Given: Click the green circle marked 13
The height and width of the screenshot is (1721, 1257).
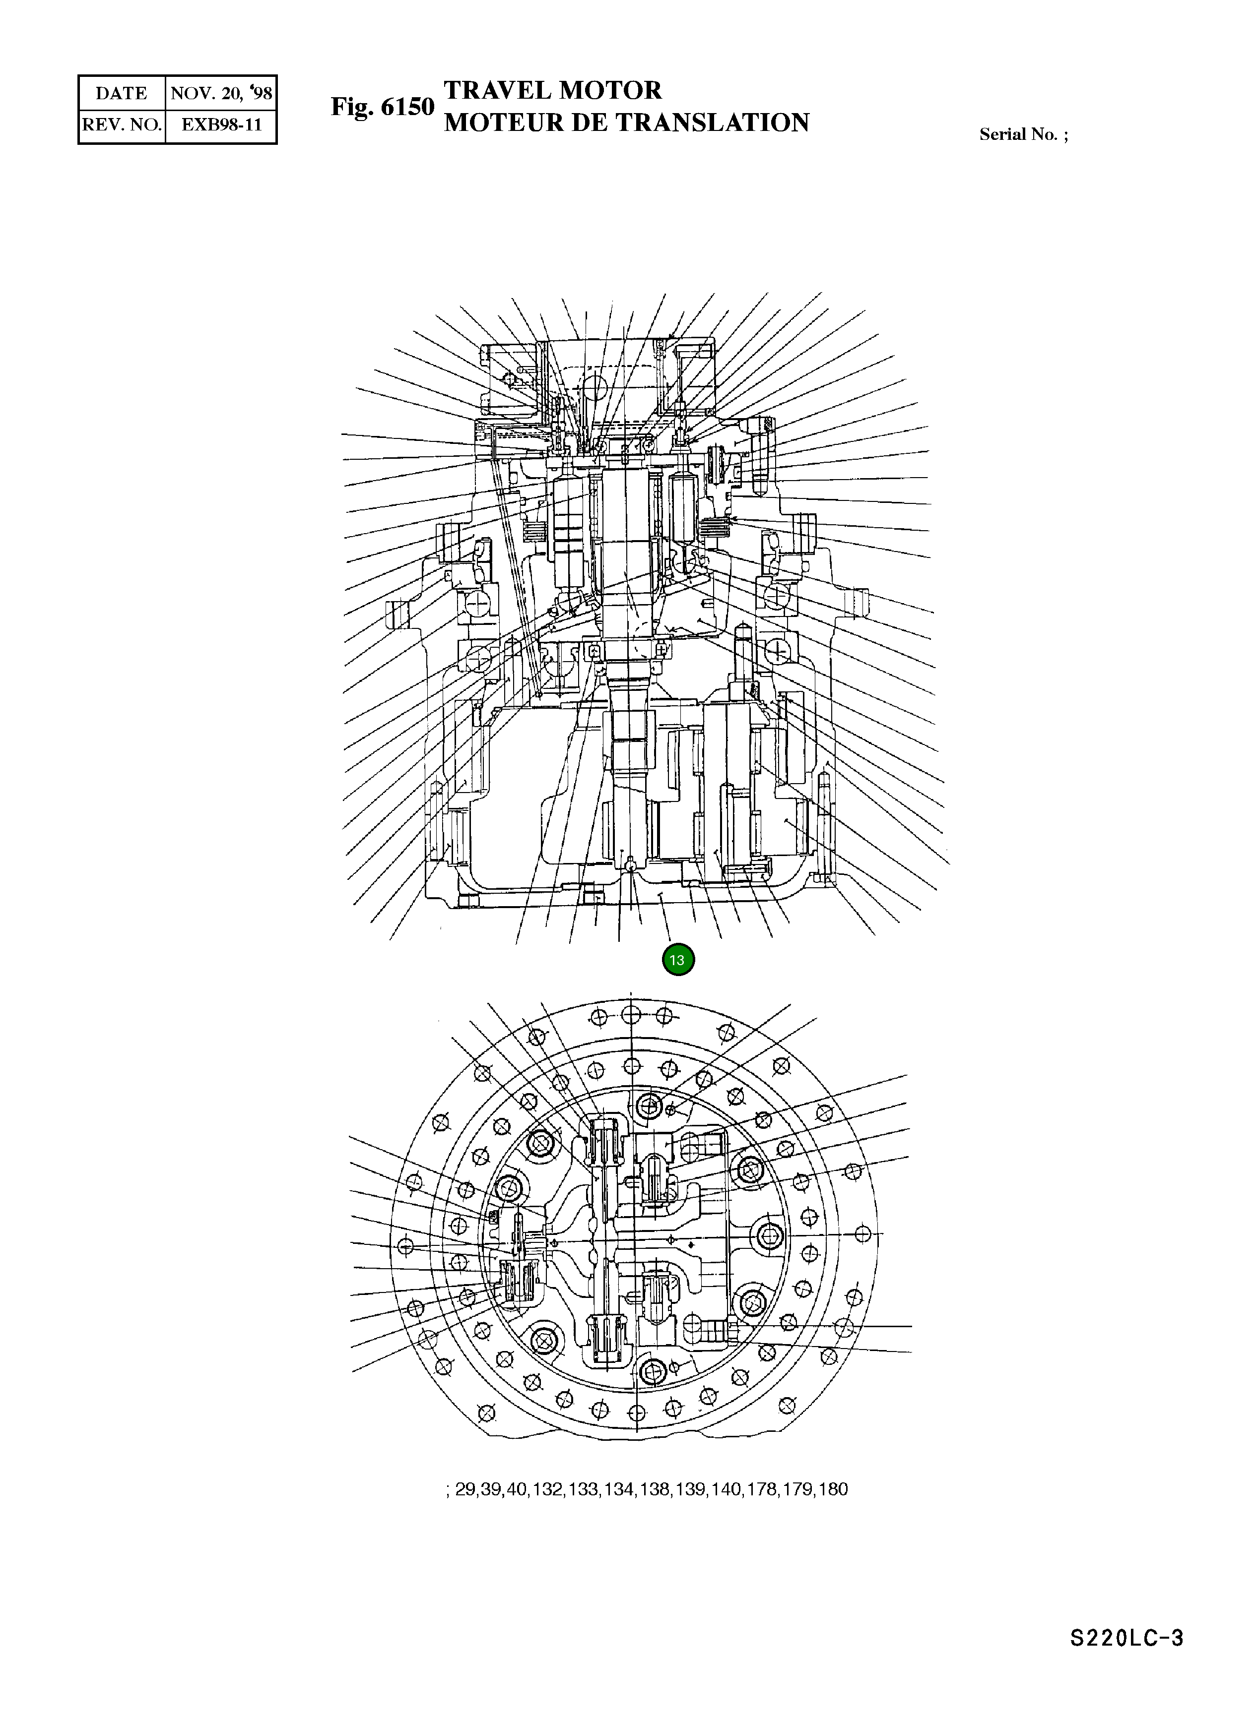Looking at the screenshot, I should [677, 960].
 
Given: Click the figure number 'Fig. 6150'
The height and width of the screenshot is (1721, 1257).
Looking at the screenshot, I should [382, 107].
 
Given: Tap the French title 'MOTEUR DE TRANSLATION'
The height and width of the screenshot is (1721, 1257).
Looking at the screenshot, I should [626, 123].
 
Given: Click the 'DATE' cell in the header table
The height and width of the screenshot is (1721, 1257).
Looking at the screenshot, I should [121, 94].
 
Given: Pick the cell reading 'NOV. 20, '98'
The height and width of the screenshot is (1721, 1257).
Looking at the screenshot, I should [221, 94].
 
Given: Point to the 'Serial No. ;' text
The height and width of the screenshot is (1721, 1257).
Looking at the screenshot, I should [1023, 134].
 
